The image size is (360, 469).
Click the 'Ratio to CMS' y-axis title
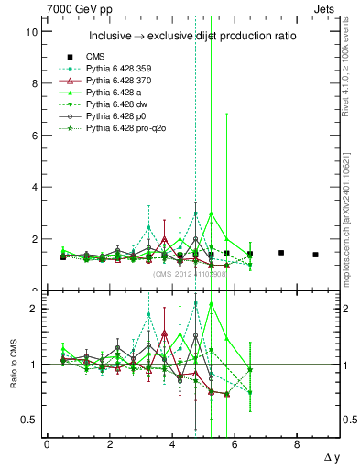12,366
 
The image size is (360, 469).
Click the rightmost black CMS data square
315,255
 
